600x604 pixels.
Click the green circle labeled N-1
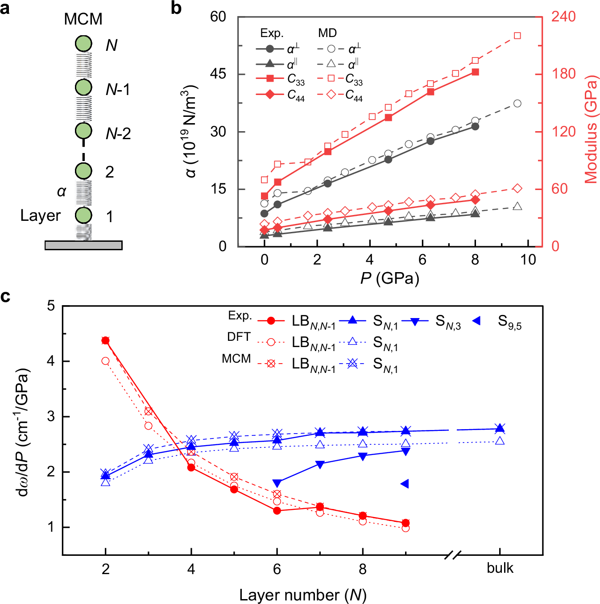[x=83, y=87]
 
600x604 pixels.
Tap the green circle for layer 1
[x=83, y=215]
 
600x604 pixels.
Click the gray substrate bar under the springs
[x=83, y=245]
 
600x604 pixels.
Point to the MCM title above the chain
[x=83, y=19]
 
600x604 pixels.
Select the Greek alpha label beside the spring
[x=62, y=191]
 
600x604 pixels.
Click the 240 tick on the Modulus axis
[x=563, y=17]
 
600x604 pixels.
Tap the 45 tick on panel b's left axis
[x=218, y=74]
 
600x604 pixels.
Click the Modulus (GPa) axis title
[x=591, y=129]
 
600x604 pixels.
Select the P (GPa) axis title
[x=389, y=278]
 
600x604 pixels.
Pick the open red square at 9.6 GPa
[x=517, y=36]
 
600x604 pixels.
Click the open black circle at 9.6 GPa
[x=517, y=103]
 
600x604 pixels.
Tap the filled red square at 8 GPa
[x=475, y=72]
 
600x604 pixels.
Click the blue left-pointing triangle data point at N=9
[x=405, y=484]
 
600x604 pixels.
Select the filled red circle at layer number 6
[x=277, y=511]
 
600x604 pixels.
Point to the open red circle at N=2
[x=106, y=361]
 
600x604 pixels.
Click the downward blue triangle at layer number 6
[x=277, y=483]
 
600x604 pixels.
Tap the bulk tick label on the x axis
[x=500, y=568]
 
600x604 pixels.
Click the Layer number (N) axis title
[x=302, y=595]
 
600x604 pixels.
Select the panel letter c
[x=5, y=297]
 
